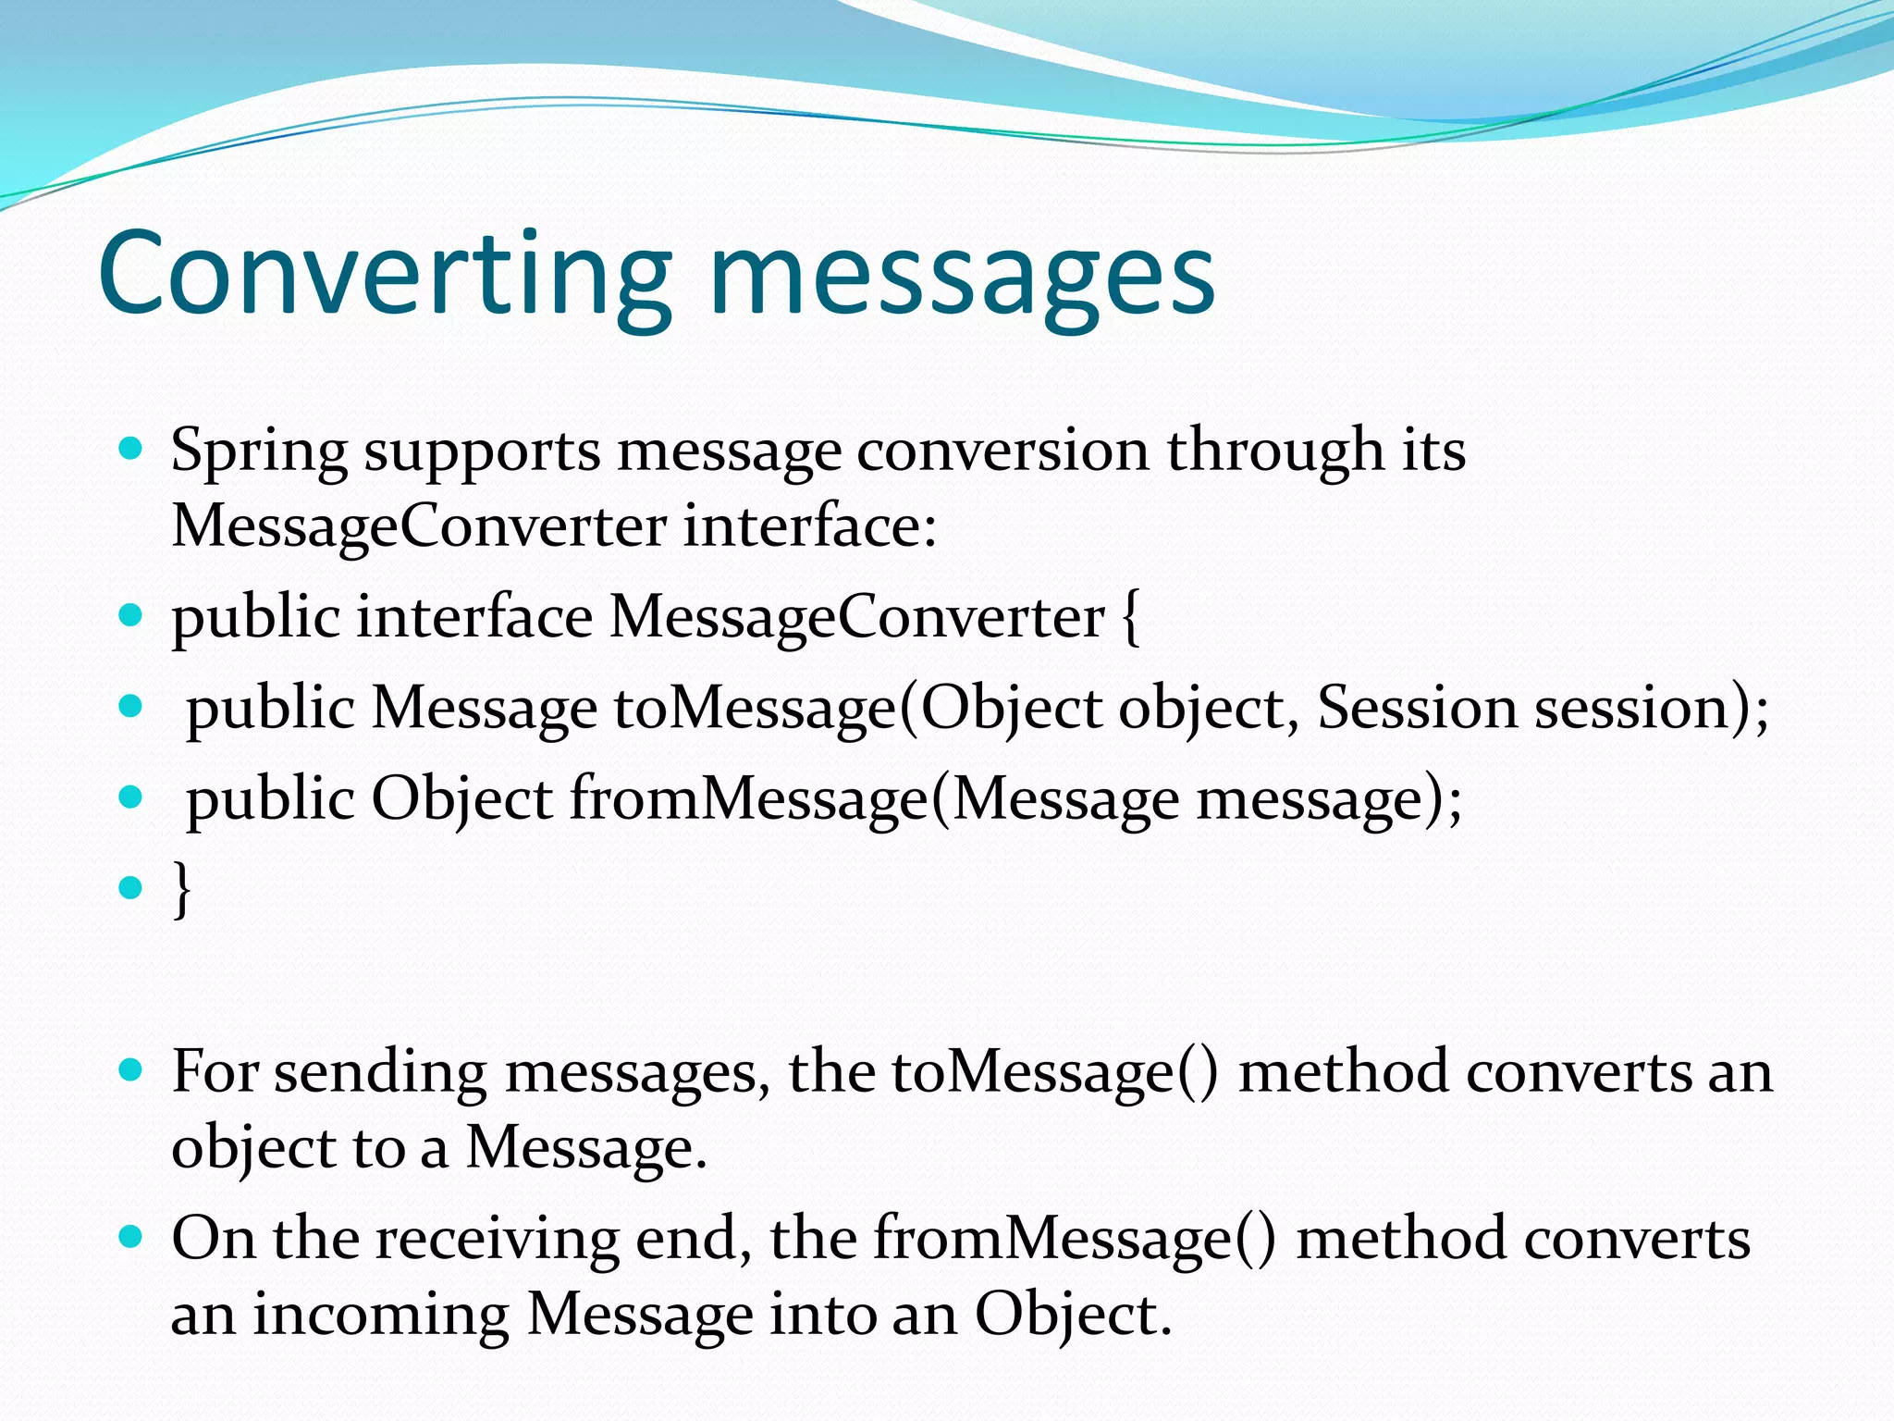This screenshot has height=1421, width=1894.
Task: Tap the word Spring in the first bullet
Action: pos(258,452)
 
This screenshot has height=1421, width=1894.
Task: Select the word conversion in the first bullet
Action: pos(1002,451)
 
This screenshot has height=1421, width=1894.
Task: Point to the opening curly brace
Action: pos(1130,618)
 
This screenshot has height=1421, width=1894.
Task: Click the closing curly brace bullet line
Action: pos(182,889)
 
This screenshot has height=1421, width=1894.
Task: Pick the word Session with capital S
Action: pos(1416,708)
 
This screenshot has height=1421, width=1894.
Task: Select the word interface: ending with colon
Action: pos(810,526)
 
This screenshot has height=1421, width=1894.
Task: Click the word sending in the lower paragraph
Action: pos(380,1073)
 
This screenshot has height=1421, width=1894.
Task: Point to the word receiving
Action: pos(497,1239)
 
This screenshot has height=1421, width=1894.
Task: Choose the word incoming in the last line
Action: pos(380,1315)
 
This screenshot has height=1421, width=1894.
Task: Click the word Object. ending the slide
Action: pos(1073,1315)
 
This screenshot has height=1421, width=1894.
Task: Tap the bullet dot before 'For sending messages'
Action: pos(131,1071)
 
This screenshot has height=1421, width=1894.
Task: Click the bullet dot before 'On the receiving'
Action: pos(131,1236)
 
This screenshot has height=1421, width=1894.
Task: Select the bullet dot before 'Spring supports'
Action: pos(131,450)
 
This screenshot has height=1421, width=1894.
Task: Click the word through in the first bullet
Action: pos(1274,451)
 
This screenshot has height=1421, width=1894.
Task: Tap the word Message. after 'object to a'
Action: pos(585,1148)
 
